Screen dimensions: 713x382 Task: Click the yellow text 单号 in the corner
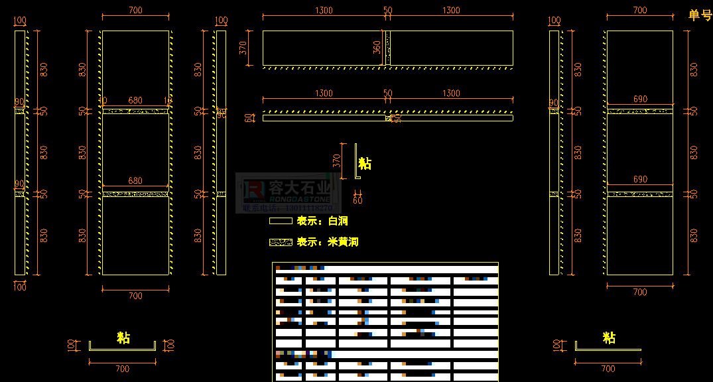pyautogui.click(x=700, y=15)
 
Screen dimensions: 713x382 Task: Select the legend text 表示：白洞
pyautogui.click(x=322, y=221)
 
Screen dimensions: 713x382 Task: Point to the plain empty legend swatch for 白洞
pyautogui.click(x=281, y=221)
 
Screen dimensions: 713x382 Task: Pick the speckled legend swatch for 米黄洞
pyautogui.click(x=281, y=242)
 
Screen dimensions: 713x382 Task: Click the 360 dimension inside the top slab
pyautogui.click(x=377, y=48)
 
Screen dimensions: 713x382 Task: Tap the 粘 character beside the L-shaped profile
pyautogui.click(x=365, y=163)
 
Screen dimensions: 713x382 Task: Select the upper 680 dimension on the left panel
pyautogui.click(x=135, y=101)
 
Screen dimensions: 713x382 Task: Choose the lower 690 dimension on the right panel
pyautogui.click(x=640, y=180)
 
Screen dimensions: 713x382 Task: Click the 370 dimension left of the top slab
pyautogui.click(x=243, y=48)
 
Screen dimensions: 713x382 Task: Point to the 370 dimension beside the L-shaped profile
pyautogui.click(x=337, y=160)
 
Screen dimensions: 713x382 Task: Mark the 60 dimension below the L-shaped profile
pyautogui.click(x=358, y=199)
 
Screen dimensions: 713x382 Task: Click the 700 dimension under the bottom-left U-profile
pyautogui.click(x=123, y=369)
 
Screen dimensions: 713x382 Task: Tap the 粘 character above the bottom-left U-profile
pyautogui.click(x=123, y=338)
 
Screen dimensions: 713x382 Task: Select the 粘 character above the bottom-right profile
pyautogui.click(x=609, y=338)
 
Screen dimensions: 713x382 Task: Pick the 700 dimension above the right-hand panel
pyautogui.click(x=640, y=11)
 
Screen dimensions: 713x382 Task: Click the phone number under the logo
pyautogui.click(x=289, y=208)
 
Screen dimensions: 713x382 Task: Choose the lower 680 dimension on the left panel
pyautogui.click(x=135, y=181)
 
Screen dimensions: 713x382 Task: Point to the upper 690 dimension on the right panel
pyautogui.click(x=640, y=99)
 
